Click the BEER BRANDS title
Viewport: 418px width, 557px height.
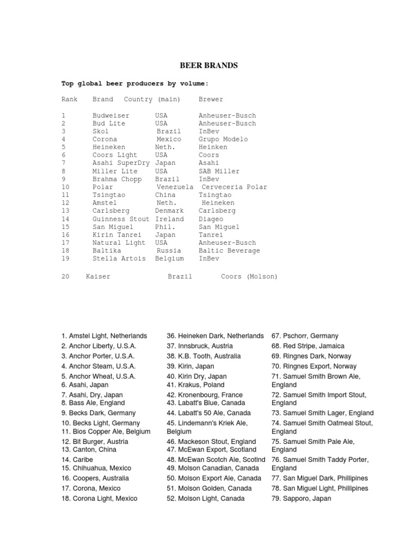209,66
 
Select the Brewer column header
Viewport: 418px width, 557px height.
211,100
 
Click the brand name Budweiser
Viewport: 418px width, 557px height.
111,115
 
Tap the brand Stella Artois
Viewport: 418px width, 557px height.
119,258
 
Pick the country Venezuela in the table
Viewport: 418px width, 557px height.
173,187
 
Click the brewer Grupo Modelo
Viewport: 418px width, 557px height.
223,139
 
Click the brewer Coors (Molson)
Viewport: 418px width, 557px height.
249,277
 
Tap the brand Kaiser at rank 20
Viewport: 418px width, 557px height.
98,277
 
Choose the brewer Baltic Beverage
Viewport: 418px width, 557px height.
229,251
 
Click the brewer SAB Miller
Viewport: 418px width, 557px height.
219,171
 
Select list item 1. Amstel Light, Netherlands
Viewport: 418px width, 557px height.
104,336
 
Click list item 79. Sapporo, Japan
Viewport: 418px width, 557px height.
301,498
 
